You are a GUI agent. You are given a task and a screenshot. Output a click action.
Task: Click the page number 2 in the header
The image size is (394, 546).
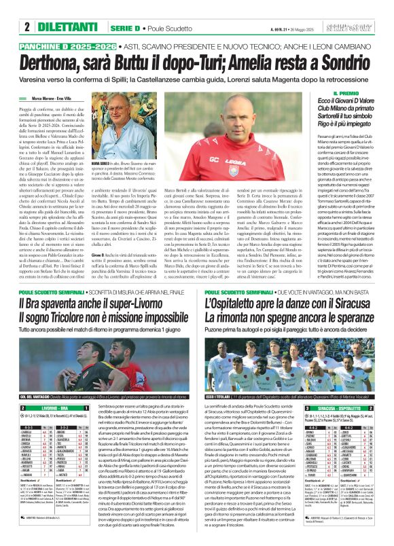(26, 28)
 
